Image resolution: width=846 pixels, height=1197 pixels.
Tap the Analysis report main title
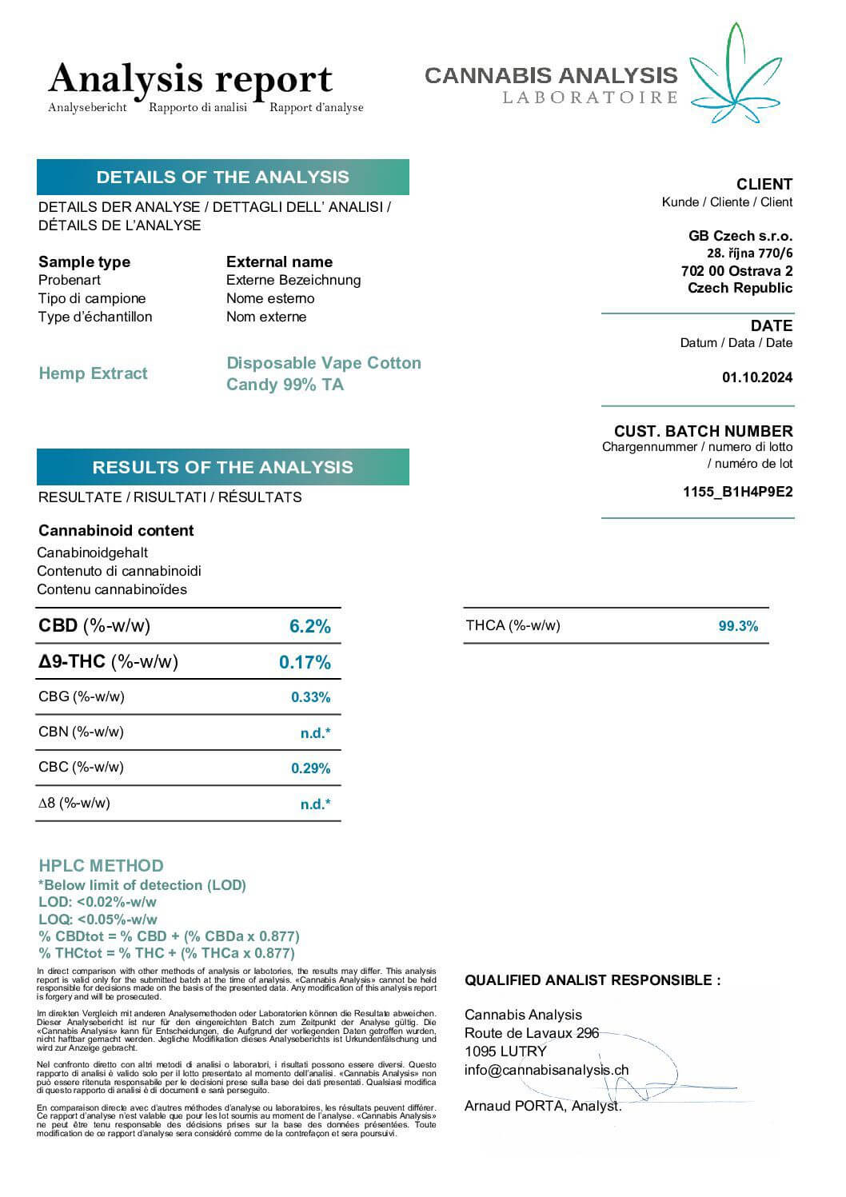click(190, 79)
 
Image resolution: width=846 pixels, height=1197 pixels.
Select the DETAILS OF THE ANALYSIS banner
click(222, 177)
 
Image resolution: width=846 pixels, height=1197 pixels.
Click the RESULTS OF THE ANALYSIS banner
click(222, 467)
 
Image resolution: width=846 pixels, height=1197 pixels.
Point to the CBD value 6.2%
click(309, 626)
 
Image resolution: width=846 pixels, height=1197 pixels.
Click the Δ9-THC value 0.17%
click(305, 662)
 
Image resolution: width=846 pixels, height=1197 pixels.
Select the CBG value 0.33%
click(310, 697)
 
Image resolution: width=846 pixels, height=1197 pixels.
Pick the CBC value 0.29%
click(310, 768)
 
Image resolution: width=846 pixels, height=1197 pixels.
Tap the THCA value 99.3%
click(738, 626)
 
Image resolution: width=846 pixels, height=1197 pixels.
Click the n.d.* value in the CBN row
click(315, 733)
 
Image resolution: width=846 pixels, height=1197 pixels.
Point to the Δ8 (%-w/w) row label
click(74, 803)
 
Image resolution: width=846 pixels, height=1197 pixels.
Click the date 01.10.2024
click(756, 377)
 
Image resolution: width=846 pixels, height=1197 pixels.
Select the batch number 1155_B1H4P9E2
click(737, 492)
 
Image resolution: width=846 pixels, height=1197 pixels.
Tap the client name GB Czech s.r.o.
click(740, 236)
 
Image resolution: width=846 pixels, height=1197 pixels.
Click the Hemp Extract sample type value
click(93, 373)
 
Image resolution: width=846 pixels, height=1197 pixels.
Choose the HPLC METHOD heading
click(101, 865)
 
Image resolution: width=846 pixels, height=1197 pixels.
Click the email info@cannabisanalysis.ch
click(546, 1070)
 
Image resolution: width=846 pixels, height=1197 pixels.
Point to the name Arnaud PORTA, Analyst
click(542, 1106)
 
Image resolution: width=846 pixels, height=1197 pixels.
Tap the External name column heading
click(279, 261)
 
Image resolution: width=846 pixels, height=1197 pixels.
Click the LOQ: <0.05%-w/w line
click(98, 920)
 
